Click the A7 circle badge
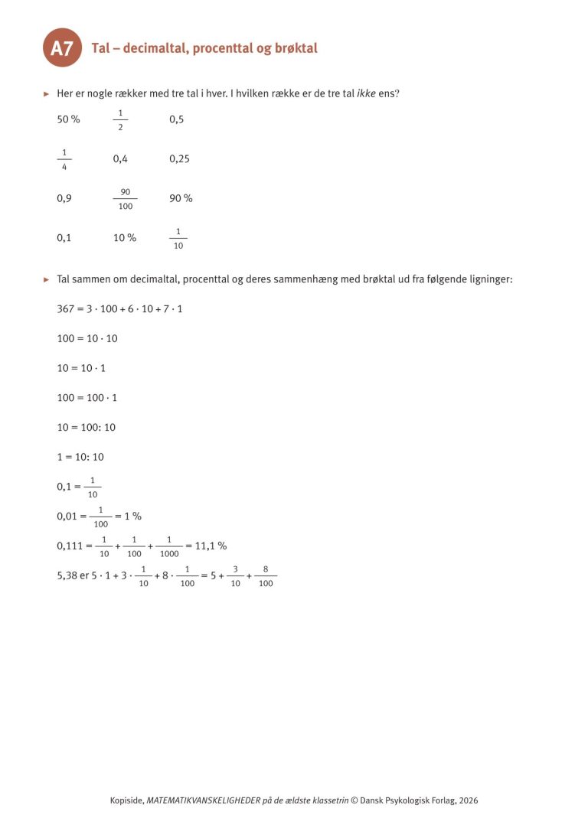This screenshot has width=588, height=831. click(62, 48)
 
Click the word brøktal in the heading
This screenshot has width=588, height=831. click(294, 48)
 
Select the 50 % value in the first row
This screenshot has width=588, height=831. click(68, 119)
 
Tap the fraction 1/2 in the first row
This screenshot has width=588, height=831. click(120, 119)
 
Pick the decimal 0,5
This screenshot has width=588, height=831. click(177, 119)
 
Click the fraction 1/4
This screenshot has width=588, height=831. click(64, 159)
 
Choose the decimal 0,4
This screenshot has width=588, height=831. click(120, 159)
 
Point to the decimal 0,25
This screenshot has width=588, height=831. click(179, 159)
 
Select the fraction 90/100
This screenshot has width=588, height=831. click(125, 199)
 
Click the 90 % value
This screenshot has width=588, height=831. click(181, 199)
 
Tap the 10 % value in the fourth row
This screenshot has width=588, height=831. click(125, 238)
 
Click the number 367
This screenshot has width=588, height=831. click(65, 308)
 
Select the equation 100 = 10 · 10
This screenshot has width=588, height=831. click(87, 338)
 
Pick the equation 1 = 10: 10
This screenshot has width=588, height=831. click(80, 457)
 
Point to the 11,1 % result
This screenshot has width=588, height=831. click(211, 546)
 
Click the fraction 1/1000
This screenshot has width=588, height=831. click(169, 546)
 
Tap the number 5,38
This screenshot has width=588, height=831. click(67, 575)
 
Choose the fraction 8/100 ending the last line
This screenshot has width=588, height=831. click(266, 576)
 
